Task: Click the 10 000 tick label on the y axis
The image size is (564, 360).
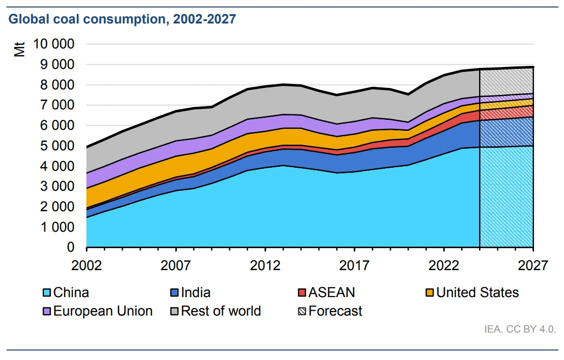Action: [54, 44]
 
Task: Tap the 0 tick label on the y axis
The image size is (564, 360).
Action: [70, 248]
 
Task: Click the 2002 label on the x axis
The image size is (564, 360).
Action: [86, 265]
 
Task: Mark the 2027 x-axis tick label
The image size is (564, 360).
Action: [533, 265]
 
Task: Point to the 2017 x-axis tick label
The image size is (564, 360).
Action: [354, 265]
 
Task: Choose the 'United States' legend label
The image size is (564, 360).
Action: [478, 293]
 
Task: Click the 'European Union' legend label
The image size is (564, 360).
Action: [103, 311]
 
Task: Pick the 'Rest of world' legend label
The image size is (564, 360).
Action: [221, 311]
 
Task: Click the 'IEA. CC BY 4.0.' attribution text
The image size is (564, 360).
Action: [520, 330]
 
